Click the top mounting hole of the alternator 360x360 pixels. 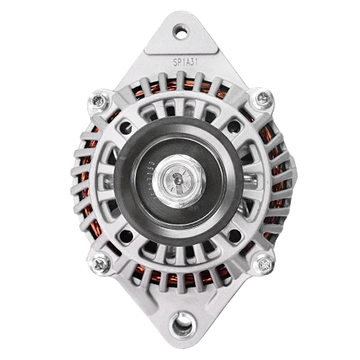181,31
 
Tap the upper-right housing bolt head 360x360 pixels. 264,98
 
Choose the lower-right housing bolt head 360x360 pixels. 264,264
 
